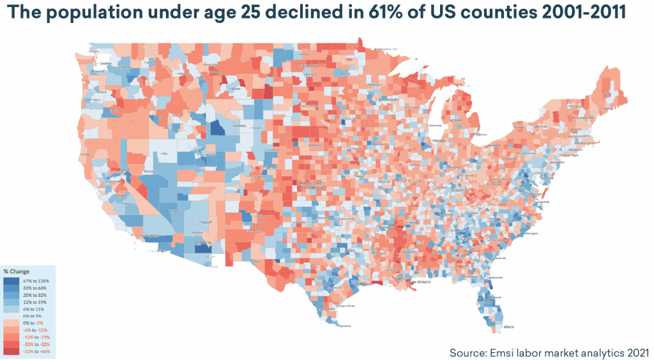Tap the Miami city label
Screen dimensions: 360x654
pos(508,327)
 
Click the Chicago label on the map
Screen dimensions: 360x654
pos(439,139)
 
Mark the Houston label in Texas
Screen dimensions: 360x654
pos(364,284)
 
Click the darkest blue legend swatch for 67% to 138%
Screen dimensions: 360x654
pos(11,281)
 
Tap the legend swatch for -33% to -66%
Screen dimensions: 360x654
pos(11,351)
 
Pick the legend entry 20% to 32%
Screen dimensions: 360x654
pos(33,295)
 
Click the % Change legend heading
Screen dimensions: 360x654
pos(17,272)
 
